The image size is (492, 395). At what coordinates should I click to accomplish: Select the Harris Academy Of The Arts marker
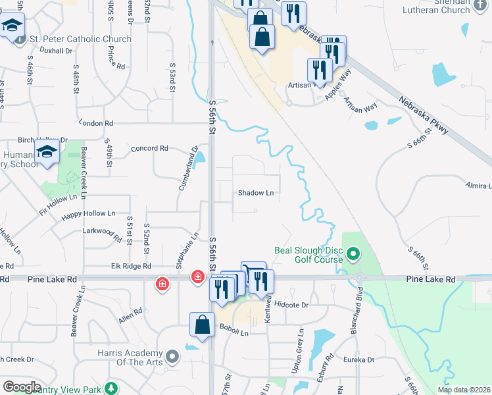click(172, 357)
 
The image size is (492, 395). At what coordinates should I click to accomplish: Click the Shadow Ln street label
click(255, 193)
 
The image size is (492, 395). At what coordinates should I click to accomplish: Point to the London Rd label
click(96, 123)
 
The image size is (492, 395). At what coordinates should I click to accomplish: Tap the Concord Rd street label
click(150, 149)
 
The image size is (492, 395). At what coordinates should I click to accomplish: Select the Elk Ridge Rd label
click(132, 267)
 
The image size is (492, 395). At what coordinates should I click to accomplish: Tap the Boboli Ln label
click(234, 333)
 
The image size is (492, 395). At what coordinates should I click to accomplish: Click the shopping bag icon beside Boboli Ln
click(202, 325)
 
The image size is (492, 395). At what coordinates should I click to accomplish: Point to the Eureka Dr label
click(359, 360)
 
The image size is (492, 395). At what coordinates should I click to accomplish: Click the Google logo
click(22, 387)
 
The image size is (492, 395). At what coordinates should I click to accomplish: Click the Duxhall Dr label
click(55, 51)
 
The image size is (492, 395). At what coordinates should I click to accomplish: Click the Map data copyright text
click(464, 390)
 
